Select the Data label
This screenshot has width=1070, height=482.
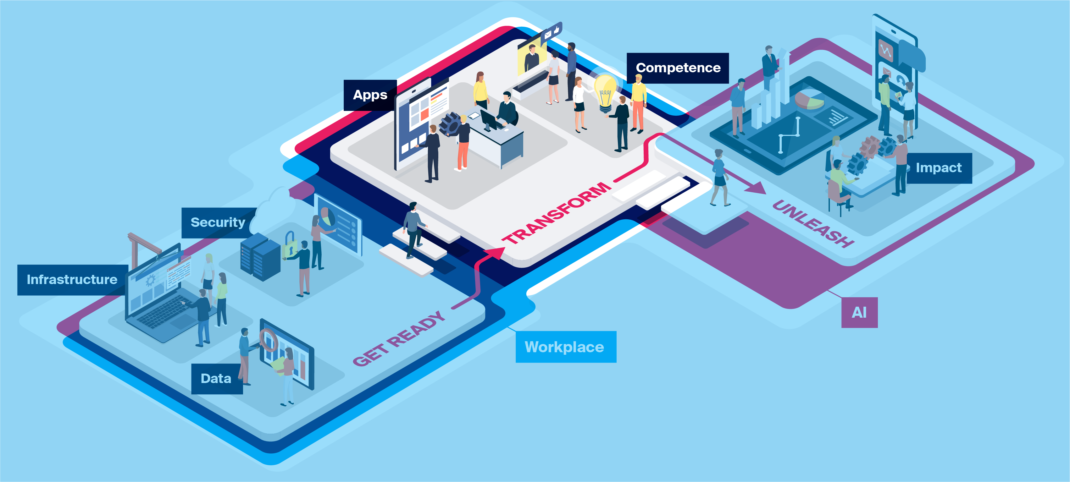216,379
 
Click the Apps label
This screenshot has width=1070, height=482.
370,95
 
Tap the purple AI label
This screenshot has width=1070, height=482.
859,313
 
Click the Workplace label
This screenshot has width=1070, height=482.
565,347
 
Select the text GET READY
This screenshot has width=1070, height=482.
398,339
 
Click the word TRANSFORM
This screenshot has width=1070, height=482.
557,212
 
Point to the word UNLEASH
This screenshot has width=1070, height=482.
812,223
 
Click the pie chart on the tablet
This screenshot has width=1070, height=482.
809,100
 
